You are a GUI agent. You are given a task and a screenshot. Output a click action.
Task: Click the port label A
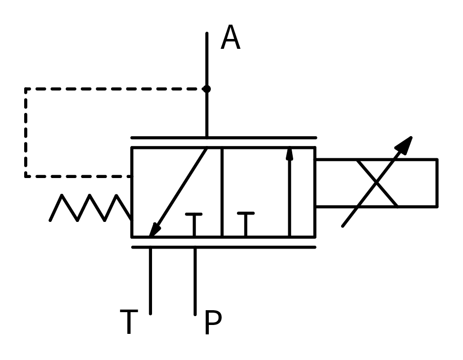230,38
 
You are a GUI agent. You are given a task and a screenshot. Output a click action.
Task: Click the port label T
128,323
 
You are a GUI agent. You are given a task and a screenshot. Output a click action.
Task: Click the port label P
213,324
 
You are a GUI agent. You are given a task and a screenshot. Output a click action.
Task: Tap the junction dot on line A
206,89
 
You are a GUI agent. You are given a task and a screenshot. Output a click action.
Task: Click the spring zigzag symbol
90,208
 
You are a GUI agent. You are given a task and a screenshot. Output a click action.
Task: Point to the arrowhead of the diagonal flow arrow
154,230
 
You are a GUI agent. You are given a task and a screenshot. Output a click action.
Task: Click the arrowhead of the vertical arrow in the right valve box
289,154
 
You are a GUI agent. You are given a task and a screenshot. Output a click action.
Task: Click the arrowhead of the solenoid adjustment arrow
405,144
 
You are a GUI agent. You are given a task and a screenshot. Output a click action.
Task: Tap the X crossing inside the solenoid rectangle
377,183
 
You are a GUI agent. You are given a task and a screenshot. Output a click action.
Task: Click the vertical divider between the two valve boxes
222,192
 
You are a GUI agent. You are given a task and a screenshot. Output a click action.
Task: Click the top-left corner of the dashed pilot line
26,89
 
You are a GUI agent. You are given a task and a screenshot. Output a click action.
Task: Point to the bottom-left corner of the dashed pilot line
26,176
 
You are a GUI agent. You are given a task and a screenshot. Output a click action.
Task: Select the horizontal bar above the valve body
223,138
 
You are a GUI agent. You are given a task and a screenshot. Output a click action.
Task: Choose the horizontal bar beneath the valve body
223,247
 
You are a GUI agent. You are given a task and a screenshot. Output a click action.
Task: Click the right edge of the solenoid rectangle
437,183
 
